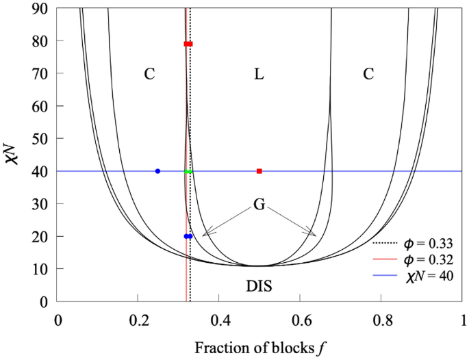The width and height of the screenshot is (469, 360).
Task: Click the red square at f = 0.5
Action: pos(259,171)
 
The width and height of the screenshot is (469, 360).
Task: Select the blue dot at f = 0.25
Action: pos(158,171)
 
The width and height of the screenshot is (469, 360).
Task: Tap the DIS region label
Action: pos(259,287)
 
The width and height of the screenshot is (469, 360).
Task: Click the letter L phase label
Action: pos(259,74)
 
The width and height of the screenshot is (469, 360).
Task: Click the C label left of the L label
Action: pos(150,74)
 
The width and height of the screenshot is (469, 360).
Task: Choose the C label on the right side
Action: pos(368,74)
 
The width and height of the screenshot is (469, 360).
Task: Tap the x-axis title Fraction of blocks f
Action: pos(259,347)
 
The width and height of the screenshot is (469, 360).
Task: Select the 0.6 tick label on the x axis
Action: pos(300,320)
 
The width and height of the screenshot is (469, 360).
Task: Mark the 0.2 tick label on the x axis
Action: pos(138,320)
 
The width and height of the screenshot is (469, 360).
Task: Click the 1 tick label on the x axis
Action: pos(462,320)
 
